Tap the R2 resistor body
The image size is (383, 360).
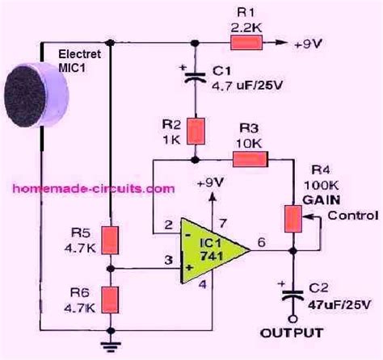195,130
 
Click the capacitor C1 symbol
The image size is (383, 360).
195,78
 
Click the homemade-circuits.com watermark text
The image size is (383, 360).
93,188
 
